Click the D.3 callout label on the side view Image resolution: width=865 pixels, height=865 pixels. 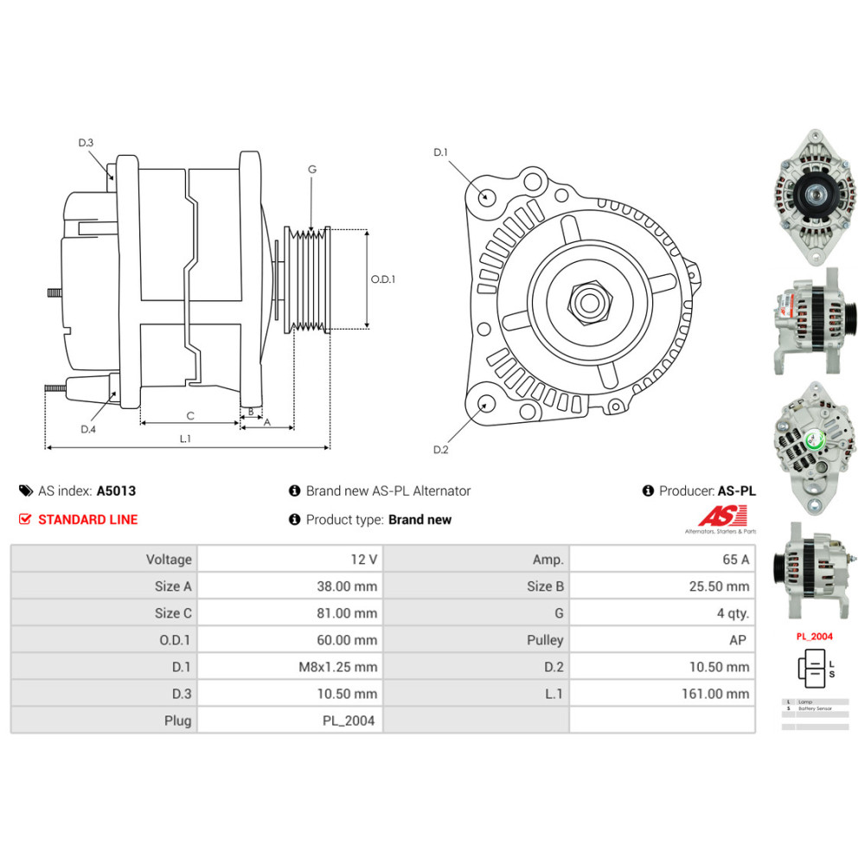click(x=86, y=143)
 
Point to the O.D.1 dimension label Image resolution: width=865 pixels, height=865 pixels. click(x=382, y=279)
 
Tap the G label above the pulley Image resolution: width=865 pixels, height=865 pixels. click(x=312, y=170)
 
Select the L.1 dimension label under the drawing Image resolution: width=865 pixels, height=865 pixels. click(x=184, y=439)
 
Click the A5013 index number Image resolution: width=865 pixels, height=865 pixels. click(x=116, y=490)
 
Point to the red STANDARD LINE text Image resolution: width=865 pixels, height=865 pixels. click(x=87, y=520)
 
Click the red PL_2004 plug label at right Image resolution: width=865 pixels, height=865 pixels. click(x=814, y=636)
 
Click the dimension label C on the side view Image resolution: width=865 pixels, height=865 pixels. click(x=190, y=415)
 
